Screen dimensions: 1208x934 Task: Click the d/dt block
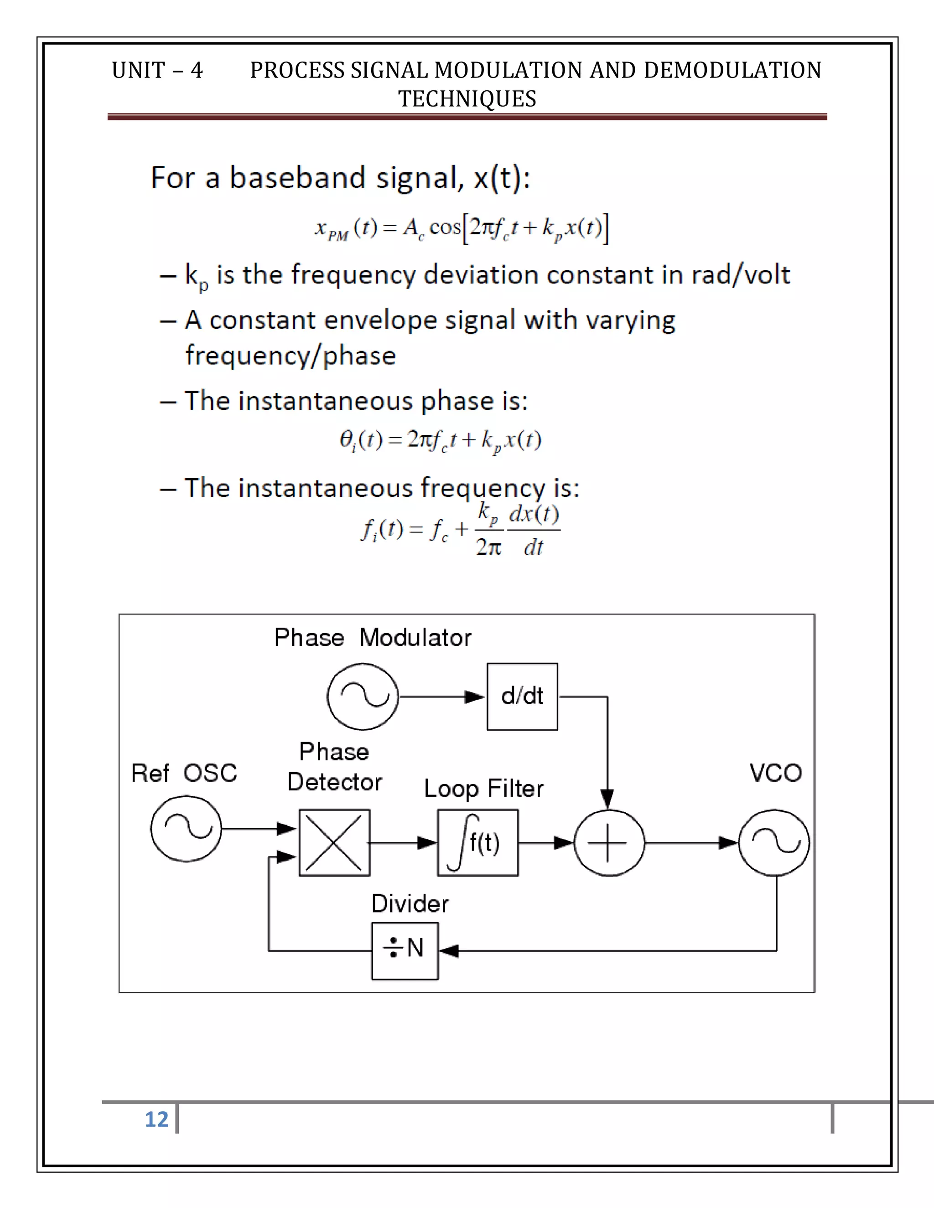point(522,697)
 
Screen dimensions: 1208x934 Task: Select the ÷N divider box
point(405,950)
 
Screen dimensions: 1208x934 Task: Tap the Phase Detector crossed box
point(334,842)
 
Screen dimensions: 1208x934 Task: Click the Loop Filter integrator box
point(478,842)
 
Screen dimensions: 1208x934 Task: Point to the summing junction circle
point(609,842)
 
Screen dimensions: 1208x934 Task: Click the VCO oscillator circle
point(774,842)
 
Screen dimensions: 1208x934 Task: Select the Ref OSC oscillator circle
point(186,828)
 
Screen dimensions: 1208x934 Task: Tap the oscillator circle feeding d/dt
point(363,697)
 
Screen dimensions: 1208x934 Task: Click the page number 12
point(156,1119)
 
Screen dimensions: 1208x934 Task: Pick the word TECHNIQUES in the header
point(467,99)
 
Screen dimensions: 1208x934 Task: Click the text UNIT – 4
point(157,70)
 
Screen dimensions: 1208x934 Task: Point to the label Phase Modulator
point(373,637)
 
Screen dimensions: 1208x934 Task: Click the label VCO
point(775,773)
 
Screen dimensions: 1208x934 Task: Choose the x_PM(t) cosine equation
point(462,228)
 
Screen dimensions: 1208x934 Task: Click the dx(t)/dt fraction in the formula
point(534,530)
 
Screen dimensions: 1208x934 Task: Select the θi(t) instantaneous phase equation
point(440,441)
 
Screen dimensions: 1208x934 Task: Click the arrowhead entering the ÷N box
point(448,951)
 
